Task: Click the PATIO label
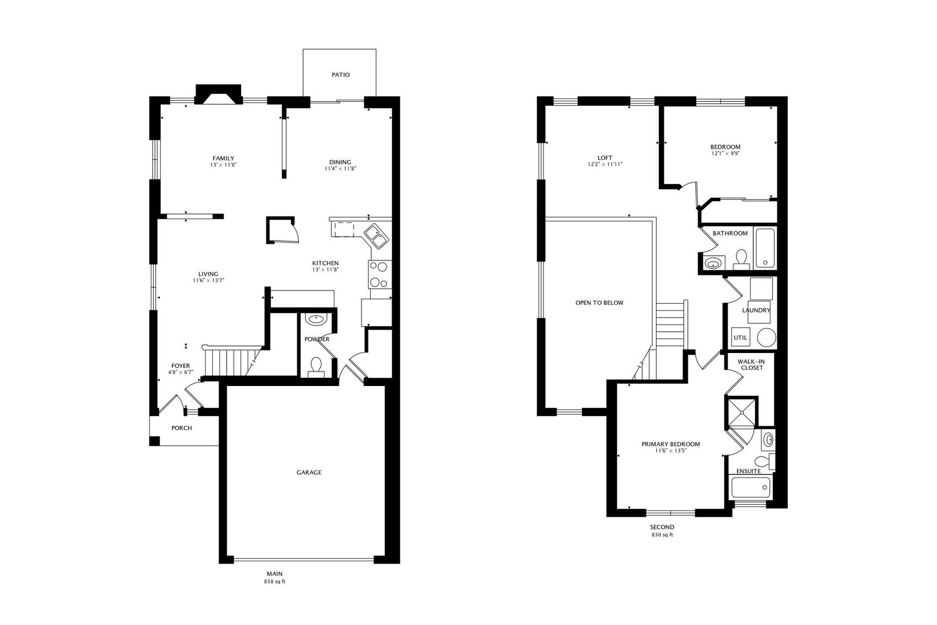340,75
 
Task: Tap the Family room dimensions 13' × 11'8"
223,165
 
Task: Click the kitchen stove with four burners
379,274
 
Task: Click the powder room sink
316,319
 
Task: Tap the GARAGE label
309,472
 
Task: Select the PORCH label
182,428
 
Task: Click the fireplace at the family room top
219,94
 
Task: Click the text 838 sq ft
275,582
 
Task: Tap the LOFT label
605,157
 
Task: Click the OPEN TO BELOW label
599,303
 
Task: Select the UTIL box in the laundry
740,337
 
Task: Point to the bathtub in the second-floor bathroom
765,248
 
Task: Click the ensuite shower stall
741,410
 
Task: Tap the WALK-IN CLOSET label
751,365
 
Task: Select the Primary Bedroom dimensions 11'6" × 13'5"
671,451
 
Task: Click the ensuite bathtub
751,488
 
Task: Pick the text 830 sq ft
662,535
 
